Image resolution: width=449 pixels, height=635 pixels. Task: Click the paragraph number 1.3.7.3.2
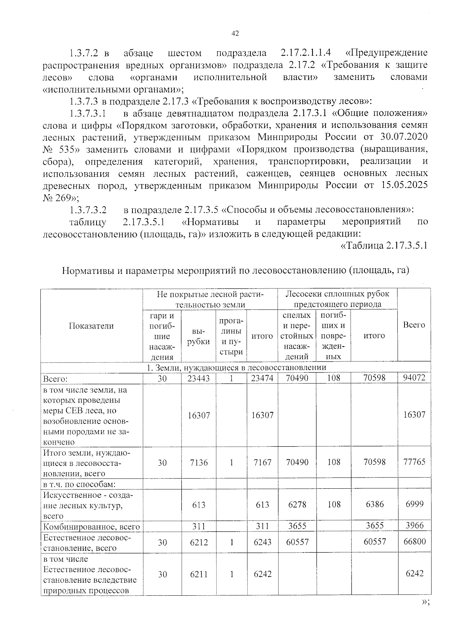pyautogui.click(x=88, y=209)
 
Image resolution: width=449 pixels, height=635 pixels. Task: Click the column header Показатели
pyautogui.click(x=91, y=326)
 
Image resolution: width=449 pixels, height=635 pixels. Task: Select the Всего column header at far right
pyautogui.click(x=414, y=325)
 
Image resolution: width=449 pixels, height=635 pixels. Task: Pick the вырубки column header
pyautogui.click(x=198, y=336)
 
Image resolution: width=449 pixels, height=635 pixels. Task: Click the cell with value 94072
pyautogui.click(x=414, y=378)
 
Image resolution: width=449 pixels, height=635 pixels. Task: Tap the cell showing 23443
pyautogui.click(x=199, y=378)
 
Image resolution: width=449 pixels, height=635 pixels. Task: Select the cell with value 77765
pyautogui.click(x=414, y=462)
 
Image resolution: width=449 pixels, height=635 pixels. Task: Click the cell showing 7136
pyautogui.click(x=199, y=462)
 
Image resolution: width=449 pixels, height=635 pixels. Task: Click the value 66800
pyautogui.click(x=414, y=541)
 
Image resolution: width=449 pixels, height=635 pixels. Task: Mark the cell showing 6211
pyautogui.click(x=199, y=574)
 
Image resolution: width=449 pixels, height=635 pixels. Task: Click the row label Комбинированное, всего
pyautogui.click(x=92, y=527)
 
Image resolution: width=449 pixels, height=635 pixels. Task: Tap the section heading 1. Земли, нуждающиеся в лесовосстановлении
pyautogui.click(x=236, y=367)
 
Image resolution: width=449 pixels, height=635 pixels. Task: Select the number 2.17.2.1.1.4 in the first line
pyautogui.click(x=305, y=53)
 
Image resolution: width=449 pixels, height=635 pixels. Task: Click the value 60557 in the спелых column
pyautogui.click(x=297, y=542)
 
